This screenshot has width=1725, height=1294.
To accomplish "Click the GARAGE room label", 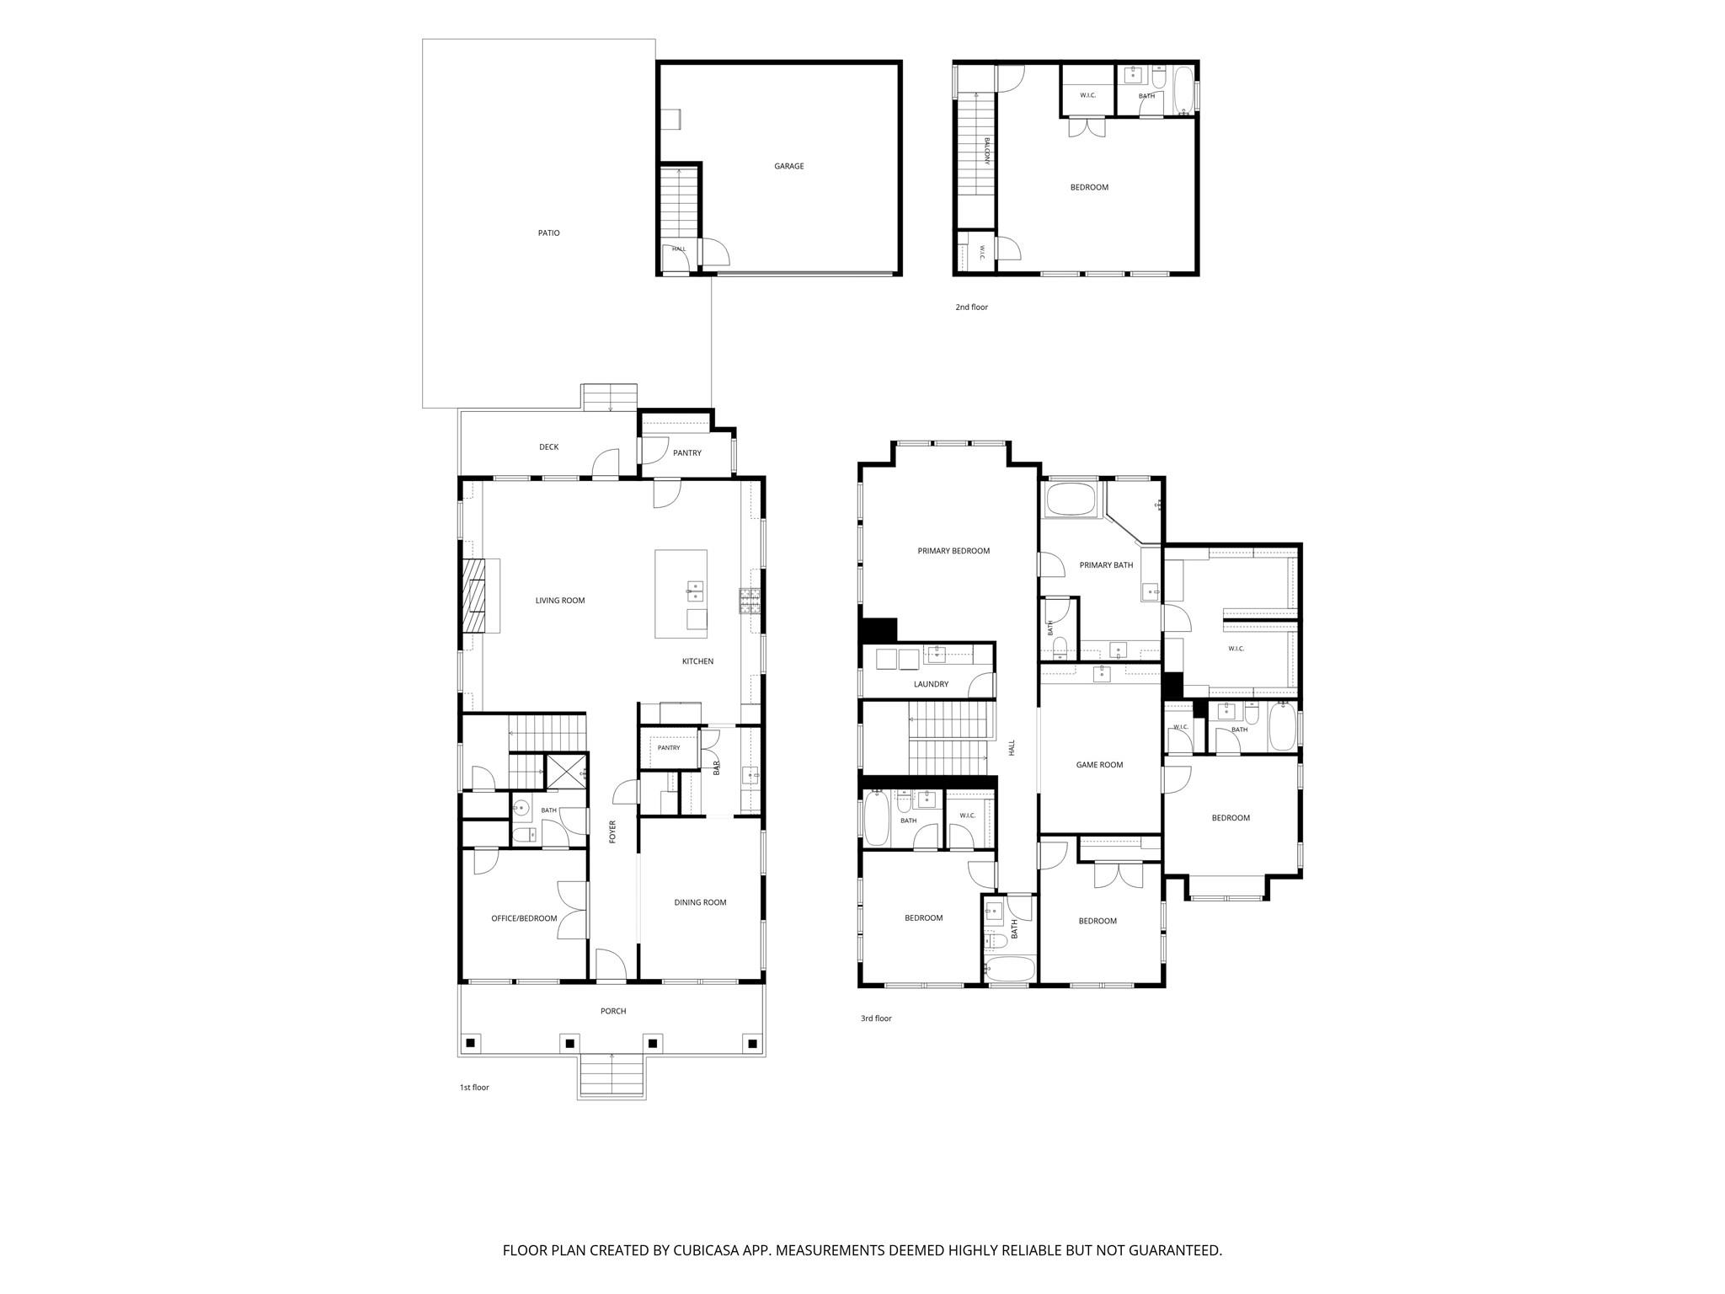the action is click(789, 166).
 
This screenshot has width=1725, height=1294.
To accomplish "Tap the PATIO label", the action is click(548, 233).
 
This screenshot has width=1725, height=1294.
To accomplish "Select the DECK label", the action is click(548, 447).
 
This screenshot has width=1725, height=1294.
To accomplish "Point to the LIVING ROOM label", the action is click(560, 601).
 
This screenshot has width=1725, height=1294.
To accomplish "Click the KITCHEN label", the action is click(697, 661).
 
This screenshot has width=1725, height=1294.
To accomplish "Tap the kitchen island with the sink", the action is click(681, 594).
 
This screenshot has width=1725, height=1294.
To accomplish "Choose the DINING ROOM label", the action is click(700, 902).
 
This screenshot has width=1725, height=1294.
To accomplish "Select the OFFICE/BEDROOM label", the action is click(524, 918).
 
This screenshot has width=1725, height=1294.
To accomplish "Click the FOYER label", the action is click(613, 831).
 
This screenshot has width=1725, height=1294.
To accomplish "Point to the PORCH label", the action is click(613, 1011).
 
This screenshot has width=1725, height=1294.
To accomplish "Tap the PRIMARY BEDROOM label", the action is click(953, 551).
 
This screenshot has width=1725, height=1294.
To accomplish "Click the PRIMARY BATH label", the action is click(1106, 565).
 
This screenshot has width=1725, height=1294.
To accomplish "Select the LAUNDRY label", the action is click(931, 684).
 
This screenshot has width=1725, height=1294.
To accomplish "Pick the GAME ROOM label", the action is click(1099, 765).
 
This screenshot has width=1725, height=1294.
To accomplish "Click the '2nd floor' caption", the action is click(971, 307).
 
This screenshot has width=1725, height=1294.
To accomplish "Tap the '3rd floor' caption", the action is click(876, 1019).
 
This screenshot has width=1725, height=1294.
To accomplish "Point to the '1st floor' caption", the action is click(474, 1088).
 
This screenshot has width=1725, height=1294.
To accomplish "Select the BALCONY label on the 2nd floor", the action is click(986, 151).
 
